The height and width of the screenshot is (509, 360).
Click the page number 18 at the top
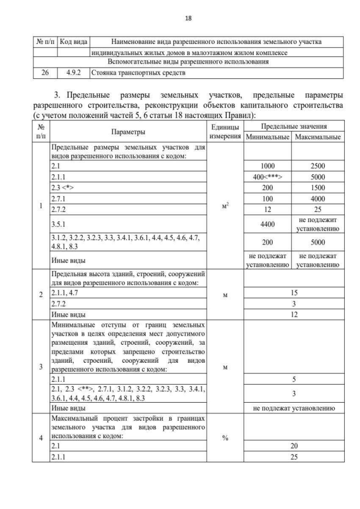click(x=180, y=17)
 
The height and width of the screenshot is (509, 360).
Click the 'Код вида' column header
click(x=74, y=42)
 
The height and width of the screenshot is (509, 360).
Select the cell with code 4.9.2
click(x=74, y=73)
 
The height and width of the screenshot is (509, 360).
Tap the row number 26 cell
click(x=45, y=73)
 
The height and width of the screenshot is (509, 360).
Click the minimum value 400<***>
click(x=267, y=177)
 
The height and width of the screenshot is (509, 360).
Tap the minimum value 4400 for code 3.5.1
click(x=267, y=224)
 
